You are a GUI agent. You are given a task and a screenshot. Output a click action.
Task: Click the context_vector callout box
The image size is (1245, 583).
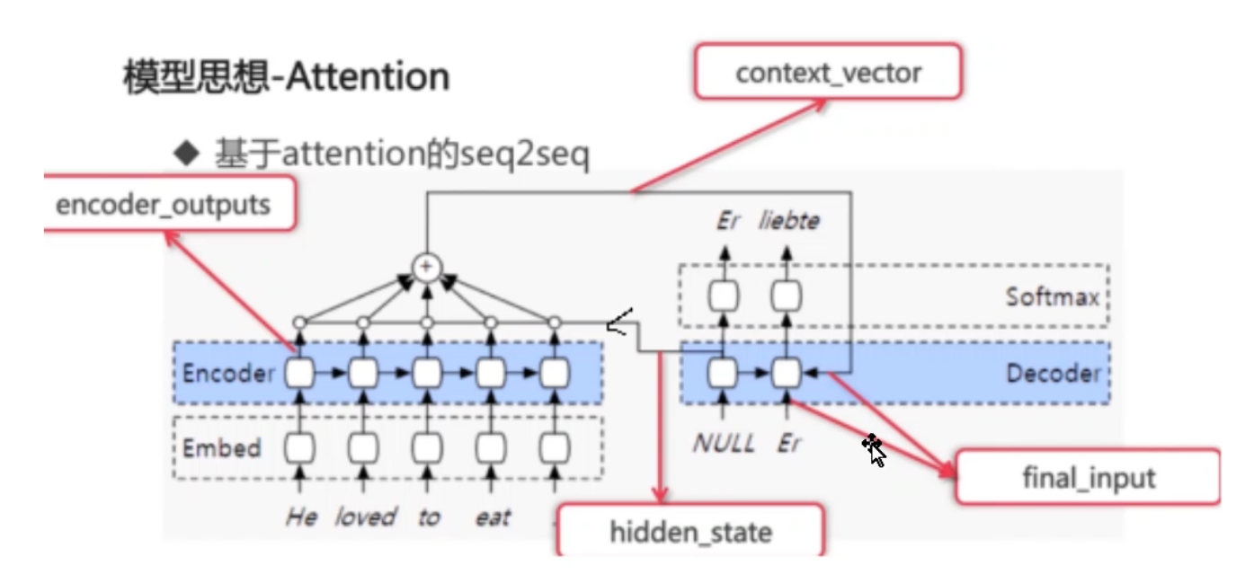[x=828, y=72]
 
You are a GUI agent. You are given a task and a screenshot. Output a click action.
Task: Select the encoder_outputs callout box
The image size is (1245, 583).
[x=163, y=204]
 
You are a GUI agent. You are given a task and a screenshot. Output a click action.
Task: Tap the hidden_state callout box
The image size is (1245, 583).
[x=690, y=532]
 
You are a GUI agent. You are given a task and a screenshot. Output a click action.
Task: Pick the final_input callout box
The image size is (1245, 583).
[x=1089, y=477]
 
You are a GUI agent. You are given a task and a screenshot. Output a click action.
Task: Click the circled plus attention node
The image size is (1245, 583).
[x=427, y=267]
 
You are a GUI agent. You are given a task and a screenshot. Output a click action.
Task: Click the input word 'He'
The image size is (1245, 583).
[x=300, y=517]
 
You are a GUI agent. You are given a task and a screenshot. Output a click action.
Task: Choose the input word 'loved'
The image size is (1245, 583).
[x=365, y=517]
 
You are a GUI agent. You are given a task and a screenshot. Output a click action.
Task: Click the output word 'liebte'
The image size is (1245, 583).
[x=788, y=220]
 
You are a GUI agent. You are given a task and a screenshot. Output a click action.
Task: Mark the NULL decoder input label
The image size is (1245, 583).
[x=723, y=444]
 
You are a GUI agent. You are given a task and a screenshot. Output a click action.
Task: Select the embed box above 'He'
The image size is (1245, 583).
[x=299, y=446]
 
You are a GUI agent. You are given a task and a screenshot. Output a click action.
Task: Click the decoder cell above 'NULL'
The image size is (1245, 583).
[x=722, y=372]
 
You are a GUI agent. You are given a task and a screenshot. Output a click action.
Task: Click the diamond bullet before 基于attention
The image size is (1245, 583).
[x=187, y=155]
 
